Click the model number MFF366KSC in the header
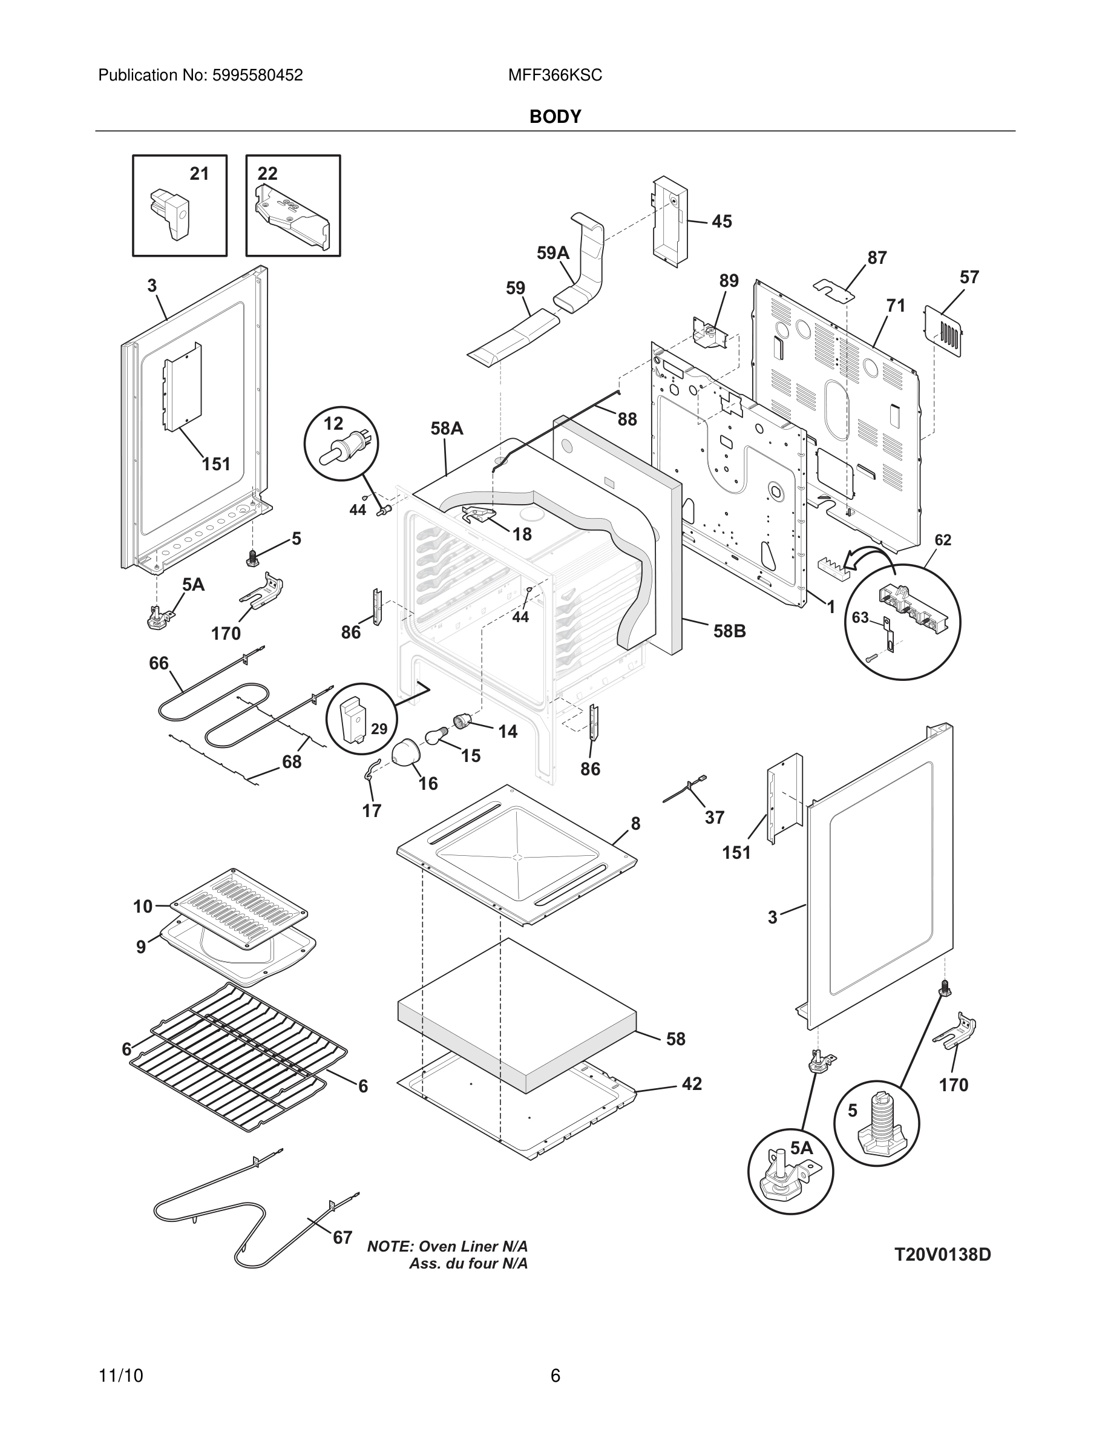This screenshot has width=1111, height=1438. coord(555,76)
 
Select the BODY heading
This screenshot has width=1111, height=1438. coord(555,117)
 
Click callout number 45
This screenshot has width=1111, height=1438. coord(721,222)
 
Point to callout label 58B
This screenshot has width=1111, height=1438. coord(729,631)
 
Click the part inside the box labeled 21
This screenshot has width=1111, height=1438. coord(170,212)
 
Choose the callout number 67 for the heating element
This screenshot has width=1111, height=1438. coord(342,1238)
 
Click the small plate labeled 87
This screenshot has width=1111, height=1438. coord(833,289)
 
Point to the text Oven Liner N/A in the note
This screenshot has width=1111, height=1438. coord(473,1246)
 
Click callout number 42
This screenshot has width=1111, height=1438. coord(692,1084)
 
